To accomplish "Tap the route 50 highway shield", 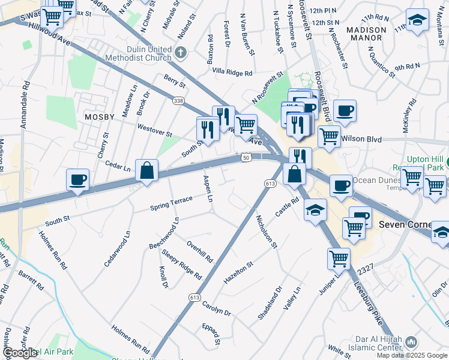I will [x=246, y=157].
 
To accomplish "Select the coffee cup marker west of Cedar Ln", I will [x=78, y=179].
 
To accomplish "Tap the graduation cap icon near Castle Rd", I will [x=315, y=210].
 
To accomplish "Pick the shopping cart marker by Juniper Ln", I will [x=339, y=259].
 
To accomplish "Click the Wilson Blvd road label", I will [x=361, y=139].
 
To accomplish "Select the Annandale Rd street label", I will [x=25, y=108].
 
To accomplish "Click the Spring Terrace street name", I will [x=171, y=204].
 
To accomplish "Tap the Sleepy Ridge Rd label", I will [x=181, y=265].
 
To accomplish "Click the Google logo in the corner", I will [x=20, y=353].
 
